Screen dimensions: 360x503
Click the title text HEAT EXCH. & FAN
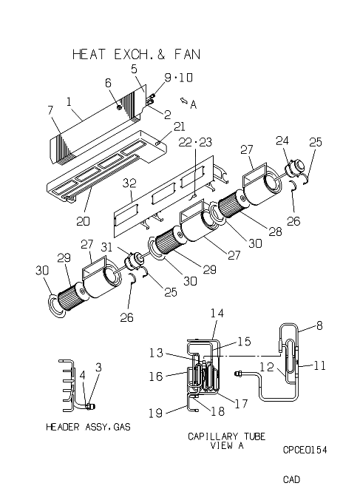136,54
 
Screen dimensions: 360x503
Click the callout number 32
129,183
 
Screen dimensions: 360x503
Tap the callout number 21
179,126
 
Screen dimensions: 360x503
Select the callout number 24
282,141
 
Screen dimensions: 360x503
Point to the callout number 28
276,232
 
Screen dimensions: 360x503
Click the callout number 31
106,247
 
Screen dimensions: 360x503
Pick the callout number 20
83,221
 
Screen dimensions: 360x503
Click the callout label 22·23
195,142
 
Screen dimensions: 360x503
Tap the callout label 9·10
179,78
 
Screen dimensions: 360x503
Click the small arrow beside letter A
183,101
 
